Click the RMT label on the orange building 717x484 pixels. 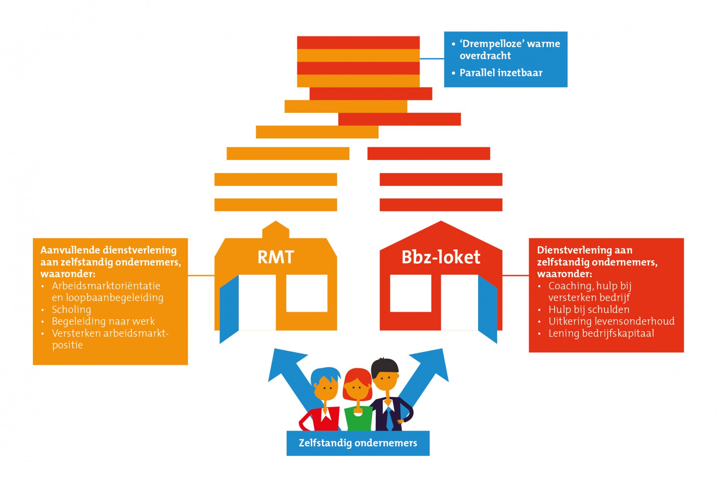point(276,257)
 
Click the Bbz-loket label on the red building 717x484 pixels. point(441,257)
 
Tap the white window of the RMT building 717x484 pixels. point(307,293)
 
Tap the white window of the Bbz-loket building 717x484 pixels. point(410,293)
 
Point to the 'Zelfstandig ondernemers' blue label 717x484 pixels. point(358,443)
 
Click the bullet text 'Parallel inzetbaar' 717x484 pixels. point(501,73)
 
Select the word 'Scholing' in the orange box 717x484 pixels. point(71,310)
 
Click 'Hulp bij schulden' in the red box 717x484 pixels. point(589,310)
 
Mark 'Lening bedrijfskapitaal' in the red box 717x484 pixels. point(601,333)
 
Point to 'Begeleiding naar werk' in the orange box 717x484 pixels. point(103,321)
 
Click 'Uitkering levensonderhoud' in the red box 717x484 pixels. point(611,321)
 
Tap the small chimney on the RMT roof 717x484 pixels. point(276,229)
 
